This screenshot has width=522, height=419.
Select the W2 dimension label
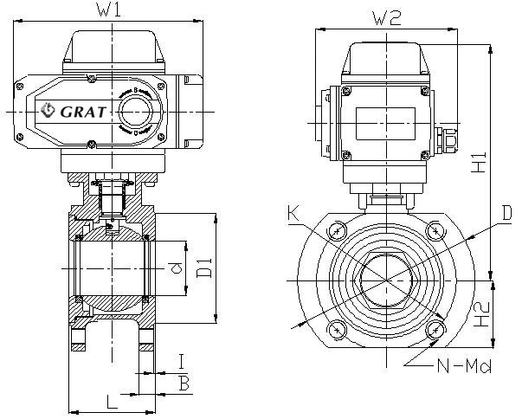(x=386, y=16)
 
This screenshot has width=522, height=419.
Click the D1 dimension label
(x=204, y=268)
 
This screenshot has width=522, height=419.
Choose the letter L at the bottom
(x=111, y=402)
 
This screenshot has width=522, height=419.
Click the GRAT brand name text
(x=84, y=110)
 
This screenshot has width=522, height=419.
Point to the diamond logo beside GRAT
(x=48, y=110)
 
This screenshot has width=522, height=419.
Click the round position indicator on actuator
(x=135, y=112)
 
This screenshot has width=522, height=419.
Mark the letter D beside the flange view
(x=508, y=213)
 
